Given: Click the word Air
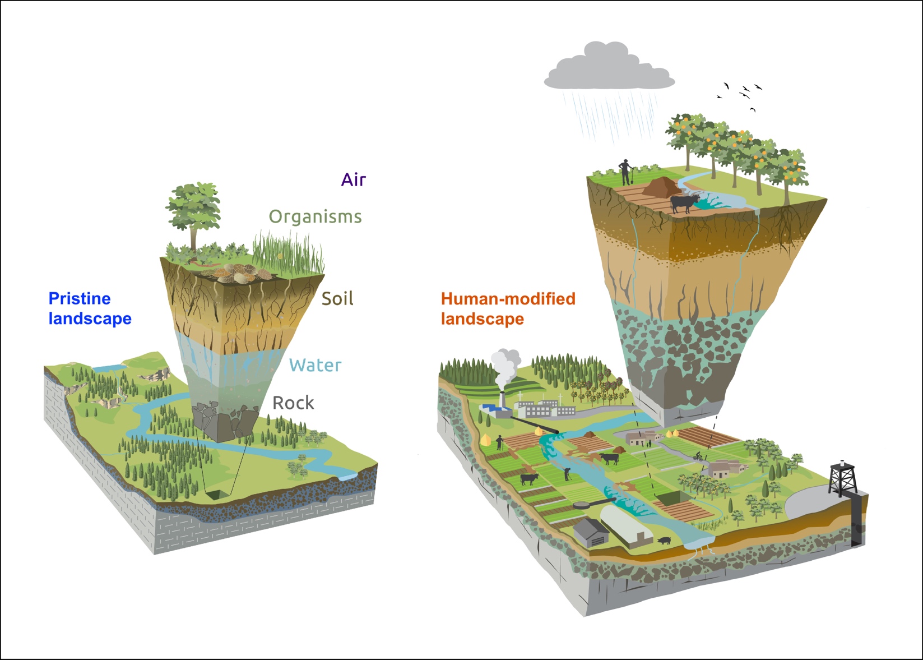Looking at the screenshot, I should click(353, 180).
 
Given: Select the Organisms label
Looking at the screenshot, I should click(315, 217).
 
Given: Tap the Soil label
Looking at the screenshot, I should click(337, 299).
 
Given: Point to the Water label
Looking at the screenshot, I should click(315, 366).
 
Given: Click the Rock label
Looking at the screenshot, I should click(293, 403).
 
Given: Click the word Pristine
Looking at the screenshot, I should click(80, 298).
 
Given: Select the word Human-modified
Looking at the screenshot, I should click(508, 299).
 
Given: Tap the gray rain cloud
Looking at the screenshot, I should click(609, 69).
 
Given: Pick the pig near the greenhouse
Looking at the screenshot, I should click(665, 541).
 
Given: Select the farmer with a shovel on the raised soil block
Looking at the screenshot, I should click(625, 172).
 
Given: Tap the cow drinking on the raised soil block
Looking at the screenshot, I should click(684, 203).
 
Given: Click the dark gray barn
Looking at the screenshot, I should click(591, 532).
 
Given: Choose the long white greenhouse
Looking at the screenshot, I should click(627, 525).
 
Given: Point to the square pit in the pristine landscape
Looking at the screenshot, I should click(217, 494).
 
